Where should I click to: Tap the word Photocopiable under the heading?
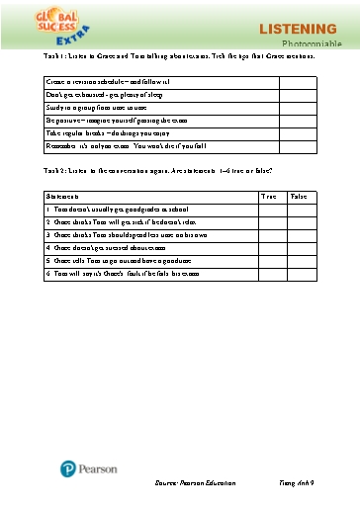click(x=313, y=45)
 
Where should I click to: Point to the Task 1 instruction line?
click(x=180, y=56)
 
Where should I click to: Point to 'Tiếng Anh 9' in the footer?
click(x=297, y=482)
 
